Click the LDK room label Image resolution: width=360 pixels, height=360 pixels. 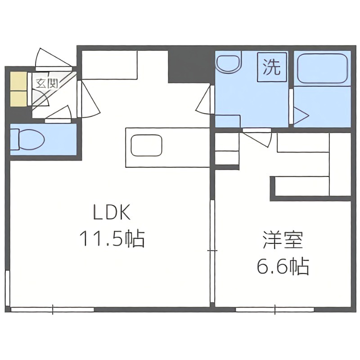[112, 213]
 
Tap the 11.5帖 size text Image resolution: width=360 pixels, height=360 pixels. [112, 238]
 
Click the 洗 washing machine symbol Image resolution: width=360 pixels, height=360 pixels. [271, 67]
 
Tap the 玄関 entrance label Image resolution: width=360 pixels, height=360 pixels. [46, 83]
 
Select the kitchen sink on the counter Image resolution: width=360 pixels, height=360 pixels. [146, 146]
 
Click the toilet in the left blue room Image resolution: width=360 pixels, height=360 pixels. [28, 139]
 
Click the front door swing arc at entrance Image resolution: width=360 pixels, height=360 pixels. [50, 58]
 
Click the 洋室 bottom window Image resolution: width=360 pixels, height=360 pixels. [275, 310]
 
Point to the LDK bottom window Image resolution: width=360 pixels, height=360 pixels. [53, 310]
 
